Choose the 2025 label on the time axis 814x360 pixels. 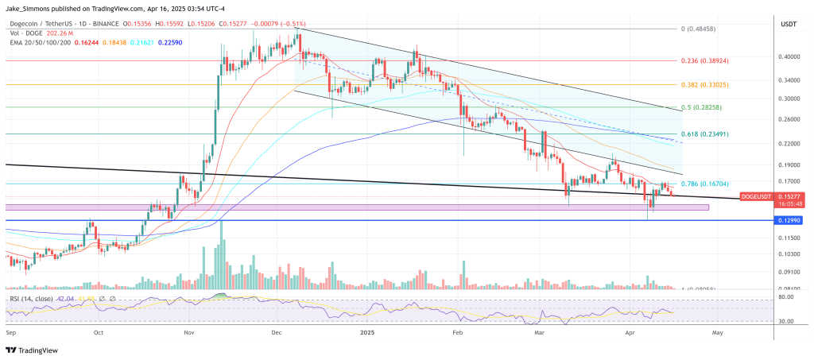click(x=367, y=334)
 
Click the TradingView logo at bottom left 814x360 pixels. click(x=32, y=350)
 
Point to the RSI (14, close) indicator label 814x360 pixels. click(x=31, y=300)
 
